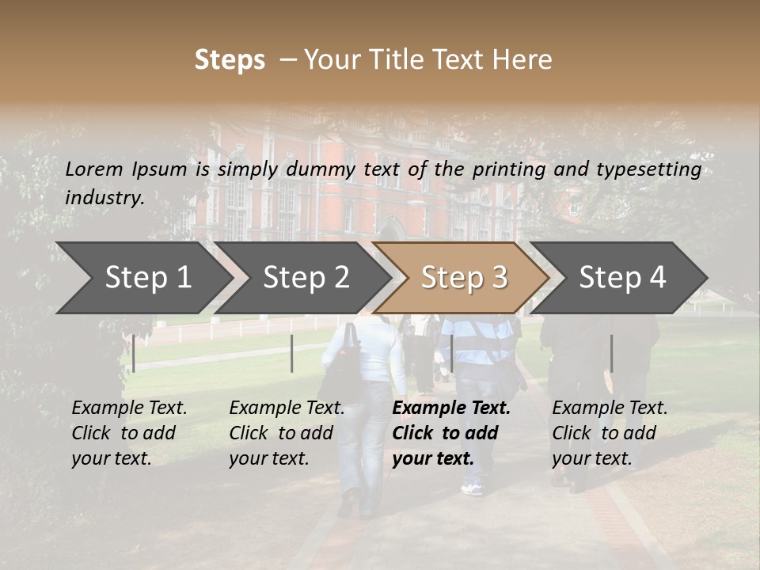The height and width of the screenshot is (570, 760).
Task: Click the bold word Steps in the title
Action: pos(230,60)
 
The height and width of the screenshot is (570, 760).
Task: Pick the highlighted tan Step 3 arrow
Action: pos(464,278)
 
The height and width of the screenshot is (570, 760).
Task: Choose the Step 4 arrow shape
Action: pos(622,278)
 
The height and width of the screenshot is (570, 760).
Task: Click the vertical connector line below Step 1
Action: pos(134,353)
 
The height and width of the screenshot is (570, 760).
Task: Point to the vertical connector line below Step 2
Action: pos(292,353)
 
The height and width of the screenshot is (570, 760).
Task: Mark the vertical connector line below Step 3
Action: pos(451,353)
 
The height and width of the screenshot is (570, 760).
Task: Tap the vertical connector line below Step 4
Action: pos(611,353)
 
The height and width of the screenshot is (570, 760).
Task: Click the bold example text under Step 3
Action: pos(451,433)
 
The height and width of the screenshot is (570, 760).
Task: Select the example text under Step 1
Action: pos(129,433)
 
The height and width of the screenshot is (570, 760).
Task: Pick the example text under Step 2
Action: pos(287,433)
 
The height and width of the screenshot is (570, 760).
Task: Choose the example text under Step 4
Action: pos(610,433)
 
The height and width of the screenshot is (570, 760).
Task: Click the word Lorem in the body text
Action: pos(93,169)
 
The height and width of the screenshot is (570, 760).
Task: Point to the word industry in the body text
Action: pos(104,198)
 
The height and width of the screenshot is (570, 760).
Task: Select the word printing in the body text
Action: pos(511,169)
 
